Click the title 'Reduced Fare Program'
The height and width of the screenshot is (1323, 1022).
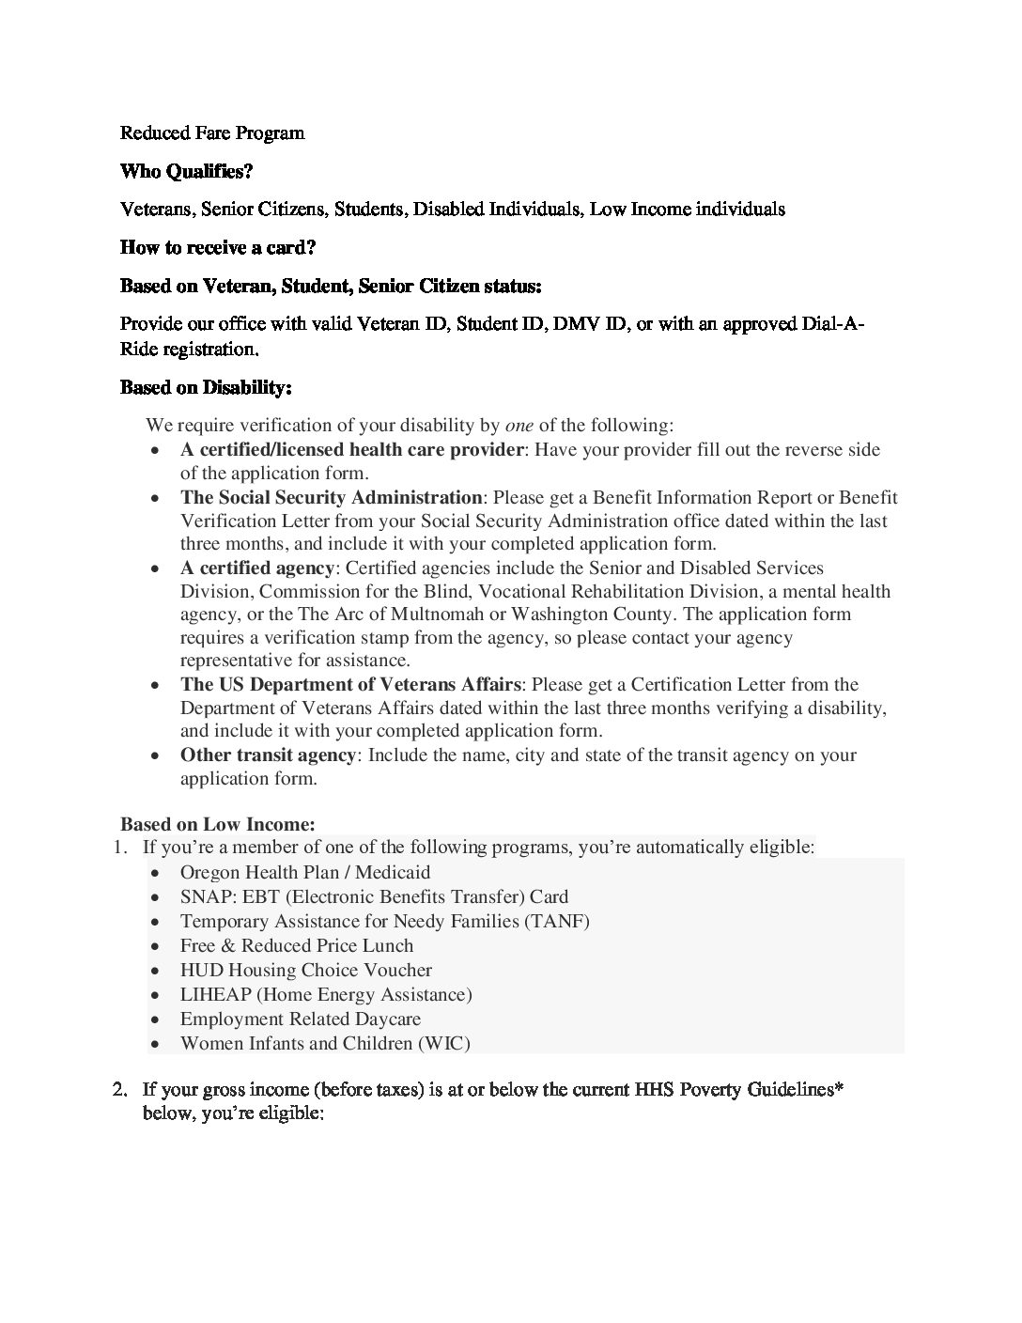tap(212, 132)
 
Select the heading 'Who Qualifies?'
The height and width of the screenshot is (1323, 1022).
tap(186, 171)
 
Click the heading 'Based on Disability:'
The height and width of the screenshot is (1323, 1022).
tap(206, 387)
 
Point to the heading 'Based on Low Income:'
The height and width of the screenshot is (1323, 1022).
tap(217, 824)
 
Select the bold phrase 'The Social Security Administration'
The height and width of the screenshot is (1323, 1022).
tap(331, 497)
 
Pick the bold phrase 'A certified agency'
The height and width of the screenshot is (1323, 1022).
tap(256, 568)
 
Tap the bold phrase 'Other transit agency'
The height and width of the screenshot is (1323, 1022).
tap(268, 755)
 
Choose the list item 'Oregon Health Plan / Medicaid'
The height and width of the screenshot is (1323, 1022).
tap(304, 872)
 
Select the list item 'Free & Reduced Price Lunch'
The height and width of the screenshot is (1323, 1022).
tap(296, 945)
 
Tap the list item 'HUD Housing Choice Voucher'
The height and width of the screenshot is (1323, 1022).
tap(305, 970)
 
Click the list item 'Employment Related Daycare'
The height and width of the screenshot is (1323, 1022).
tap(300, 1019)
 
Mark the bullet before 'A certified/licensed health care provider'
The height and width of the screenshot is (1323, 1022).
tap(155, 450)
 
